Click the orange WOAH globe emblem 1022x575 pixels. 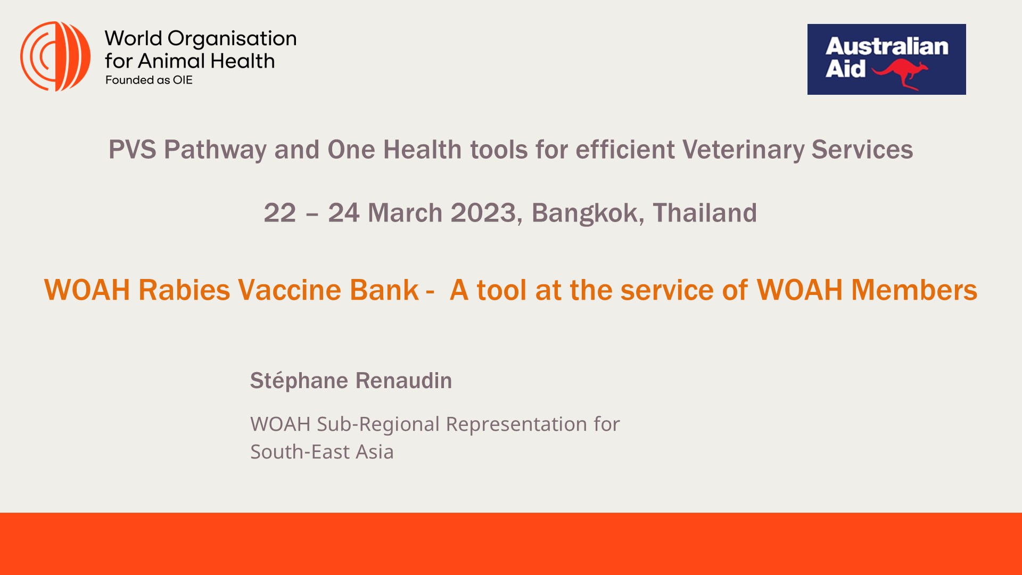coord(55,56)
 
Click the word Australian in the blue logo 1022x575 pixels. coord(887,46)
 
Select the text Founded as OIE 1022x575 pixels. coord(149,80)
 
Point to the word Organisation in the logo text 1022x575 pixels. coord(232,39)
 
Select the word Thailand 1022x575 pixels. coord(705,213)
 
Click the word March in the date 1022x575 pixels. coord(405,213)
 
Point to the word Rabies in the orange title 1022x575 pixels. coord(184,290)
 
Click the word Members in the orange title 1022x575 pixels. coord(914,290)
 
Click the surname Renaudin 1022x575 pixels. coord(403,381)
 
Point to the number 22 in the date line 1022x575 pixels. coord(280,213)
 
